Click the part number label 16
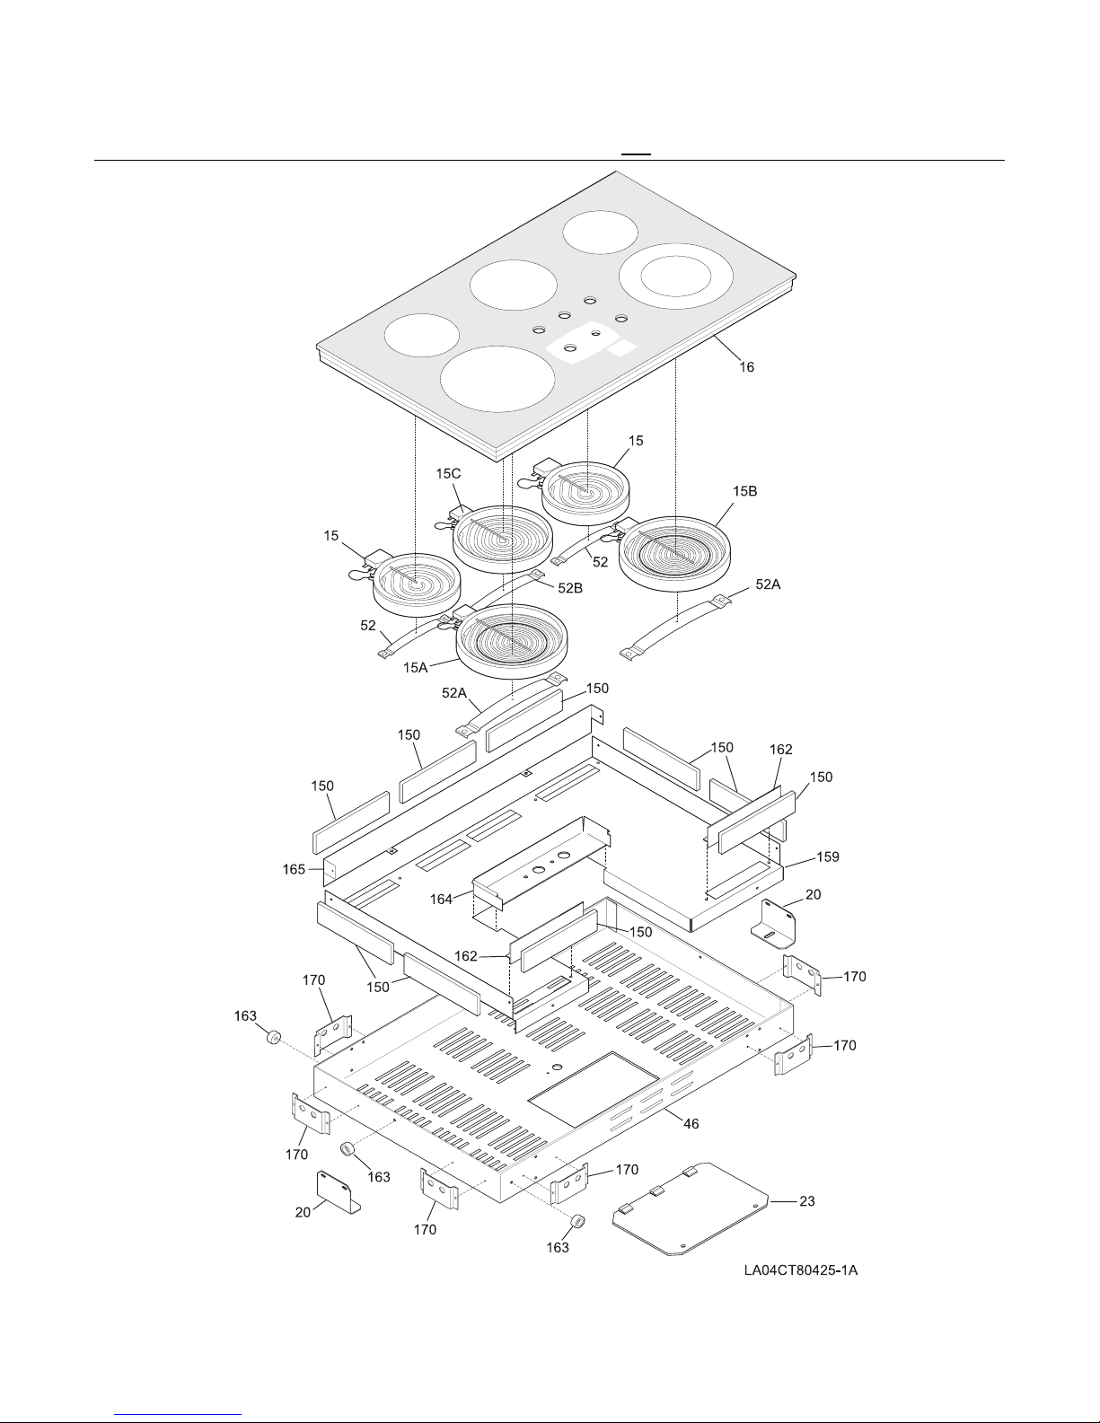[746, 367]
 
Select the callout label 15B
[745, 491]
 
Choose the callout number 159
[827, 857]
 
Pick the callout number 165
[294, 869]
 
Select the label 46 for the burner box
[691, 1123]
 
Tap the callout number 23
[806, 1200]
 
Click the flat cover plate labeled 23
[691, 1208]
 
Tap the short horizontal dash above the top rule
[637, 154]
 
